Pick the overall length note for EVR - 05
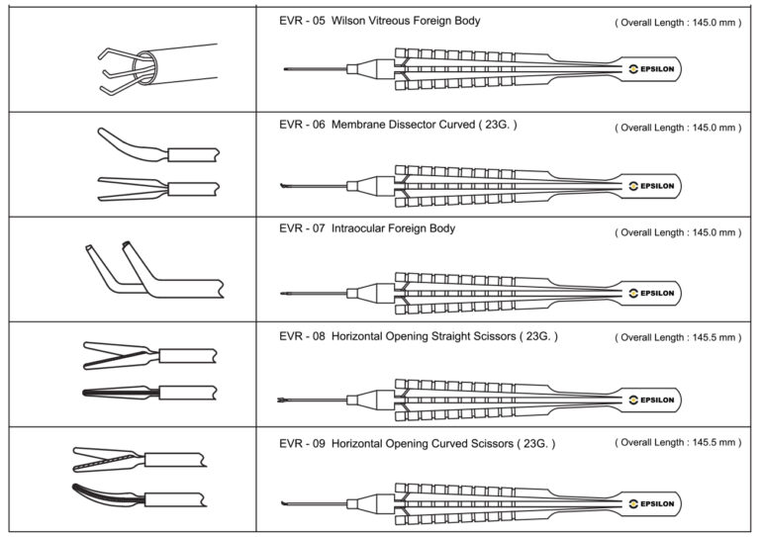(x=677, y=22)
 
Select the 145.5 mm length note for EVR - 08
(x=677, y=337)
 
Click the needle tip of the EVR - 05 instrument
(x=286, y=70)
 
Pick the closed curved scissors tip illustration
(x=109, y=493)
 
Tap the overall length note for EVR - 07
(x=677, y=232)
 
